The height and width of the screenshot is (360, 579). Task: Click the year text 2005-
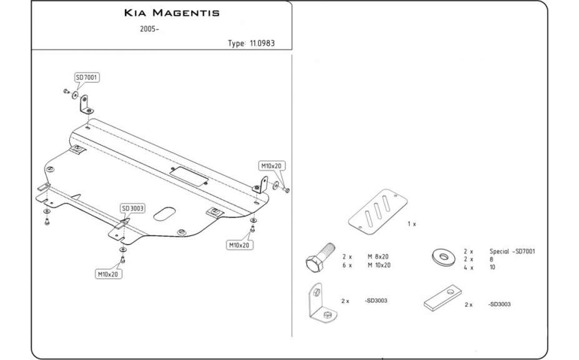tap(149, 29)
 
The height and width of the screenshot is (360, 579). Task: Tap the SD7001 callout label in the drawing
tap(87, 77)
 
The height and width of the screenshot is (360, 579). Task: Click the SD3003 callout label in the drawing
tap(133, 208)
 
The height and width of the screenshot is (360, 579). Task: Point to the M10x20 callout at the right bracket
tap(272, 166)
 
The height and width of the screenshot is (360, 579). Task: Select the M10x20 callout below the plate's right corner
tap(239, 246)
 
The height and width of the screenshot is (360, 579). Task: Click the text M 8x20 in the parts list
tap(378, 257)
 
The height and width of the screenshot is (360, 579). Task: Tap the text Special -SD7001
tap(513, 251)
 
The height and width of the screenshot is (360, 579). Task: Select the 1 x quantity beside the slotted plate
tap(411, 224)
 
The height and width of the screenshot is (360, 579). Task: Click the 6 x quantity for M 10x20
tap(347, 265)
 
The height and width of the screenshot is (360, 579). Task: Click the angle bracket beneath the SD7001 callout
tap(86, 104)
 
